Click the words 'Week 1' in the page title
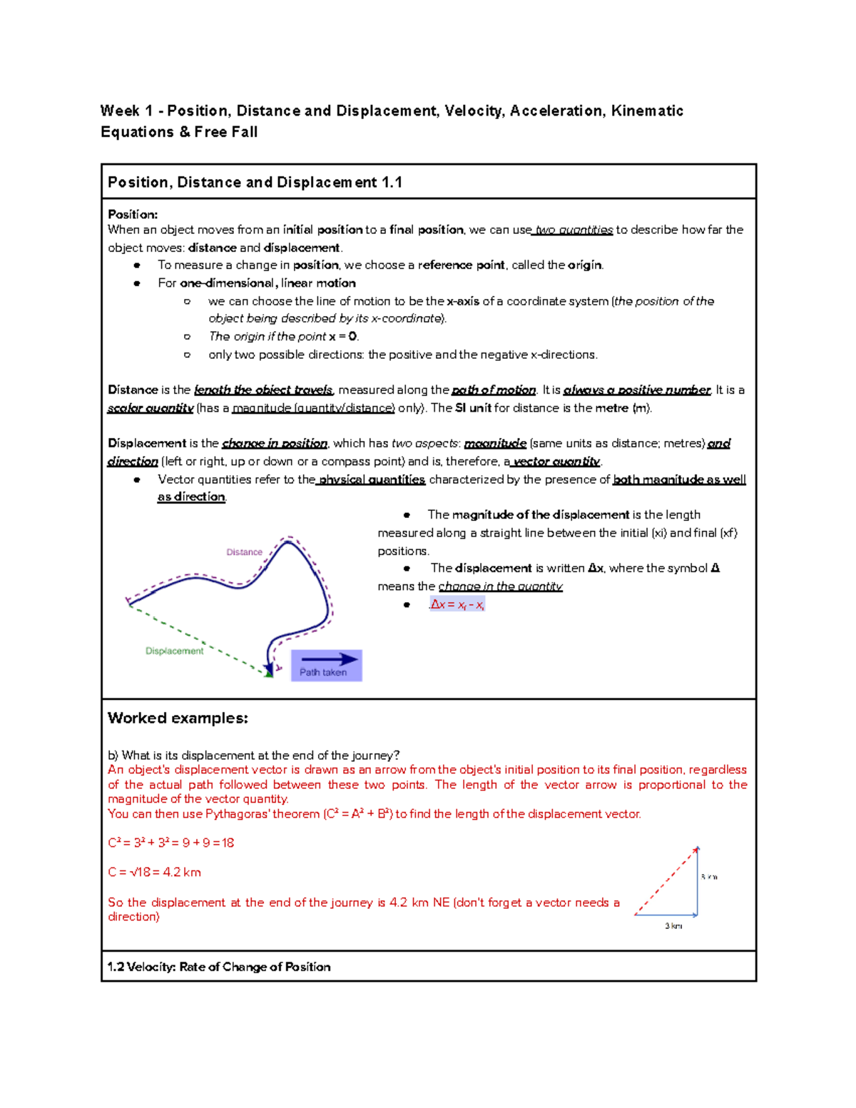(x=126, y=111)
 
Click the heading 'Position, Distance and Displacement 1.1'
(x=255, y=183)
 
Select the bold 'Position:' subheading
(x=133, y=214)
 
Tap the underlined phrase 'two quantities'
(x=574, y=230)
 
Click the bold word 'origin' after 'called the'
(x=585, y=265)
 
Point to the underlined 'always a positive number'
(x=636, y=390)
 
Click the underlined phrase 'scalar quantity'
(x=151, y=408)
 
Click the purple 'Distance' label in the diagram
(x=244, y=552)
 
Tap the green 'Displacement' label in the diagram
(x=174, y=651)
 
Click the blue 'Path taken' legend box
(x=326, y=666)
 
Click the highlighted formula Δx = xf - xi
(x=457, y=605)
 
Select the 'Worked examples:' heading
(x=178, y=718)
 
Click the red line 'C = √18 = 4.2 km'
(x=154, y=872)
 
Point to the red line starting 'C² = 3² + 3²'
(x=170, y=843)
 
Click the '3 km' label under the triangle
(x=673, y=926)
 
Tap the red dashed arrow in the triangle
(x=665, y=882)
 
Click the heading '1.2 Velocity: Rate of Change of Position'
(x=219, y=967)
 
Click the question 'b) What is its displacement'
(x=253, y=755)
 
